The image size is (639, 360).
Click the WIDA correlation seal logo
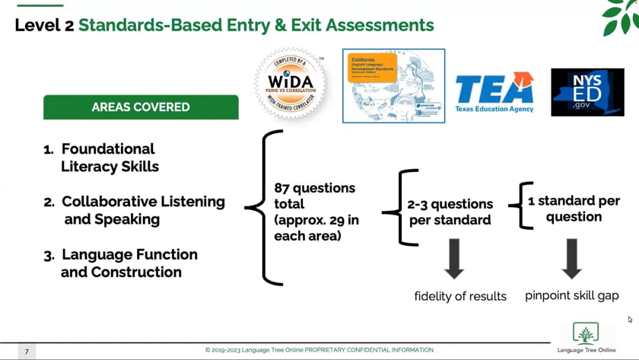(291, 84)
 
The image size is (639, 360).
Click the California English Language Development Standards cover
(393, 85)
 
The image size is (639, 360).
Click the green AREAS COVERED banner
(141, 107)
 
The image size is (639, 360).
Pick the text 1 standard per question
(574, 209)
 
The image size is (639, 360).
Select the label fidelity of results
(460, 296)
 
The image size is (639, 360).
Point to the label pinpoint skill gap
(571, 295)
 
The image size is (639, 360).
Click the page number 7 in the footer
(26, 352)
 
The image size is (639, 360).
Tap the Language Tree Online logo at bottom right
(586, 336)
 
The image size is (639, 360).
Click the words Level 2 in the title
(43, 25)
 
